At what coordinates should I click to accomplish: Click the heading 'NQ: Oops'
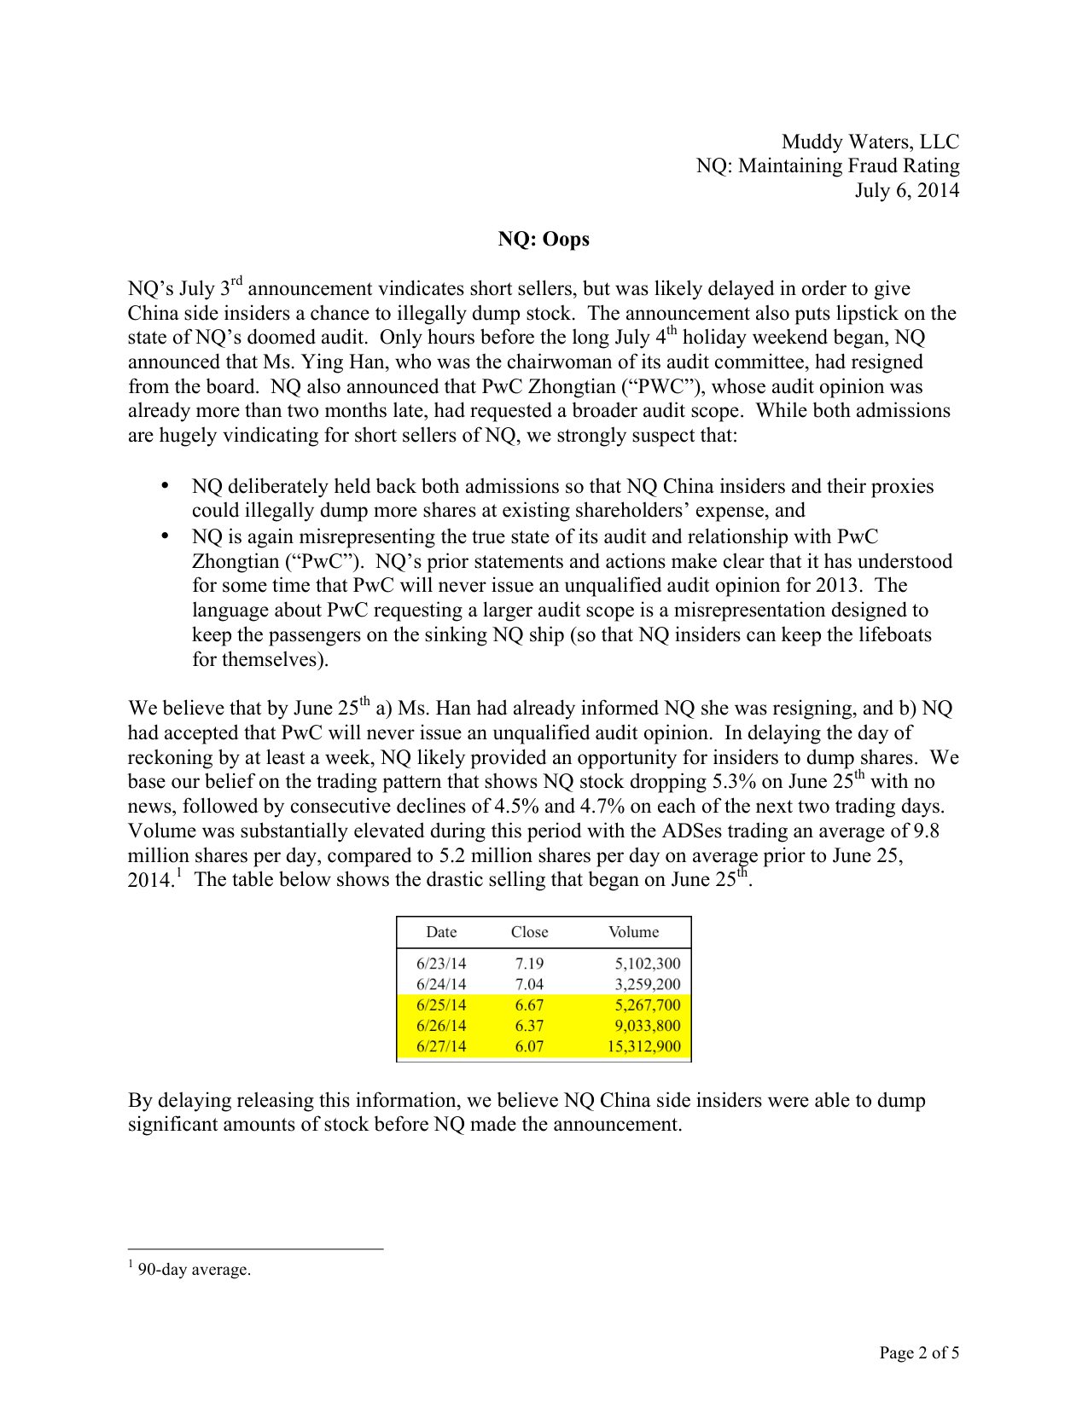click(544, 240)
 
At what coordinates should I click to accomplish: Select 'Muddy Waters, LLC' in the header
click(870, 142)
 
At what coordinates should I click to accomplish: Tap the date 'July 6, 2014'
click(906, 190)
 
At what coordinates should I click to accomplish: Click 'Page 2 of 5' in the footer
click(919, 1352)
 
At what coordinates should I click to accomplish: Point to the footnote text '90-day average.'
click(194, 1270)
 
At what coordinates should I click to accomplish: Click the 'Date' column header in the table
click(441, 932)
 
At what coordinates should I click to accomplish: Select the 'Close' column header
click(529, 932)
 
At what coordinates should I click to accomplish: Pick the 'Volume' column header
click(633, 932)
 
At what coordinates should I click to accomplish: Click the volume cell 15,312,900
click(644, 1046)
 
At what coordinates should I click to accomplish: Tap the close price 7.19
click(529, 964)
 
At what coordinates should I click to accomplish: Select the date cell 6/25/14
click(441, 1005)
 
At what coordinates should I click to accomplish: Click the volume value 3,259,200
click(648, 984)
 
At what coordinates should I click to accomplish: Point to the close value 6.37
click(529, 1026)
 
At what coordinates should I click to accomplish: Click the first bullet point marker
click(166, 486)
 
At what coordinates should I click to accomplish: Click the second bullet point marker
click(166, 536)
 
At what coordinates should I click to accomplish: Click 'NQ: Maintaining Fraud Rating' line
click(827, 165)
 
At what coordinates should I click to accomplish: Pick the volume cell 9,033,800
click(648, 1026)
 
